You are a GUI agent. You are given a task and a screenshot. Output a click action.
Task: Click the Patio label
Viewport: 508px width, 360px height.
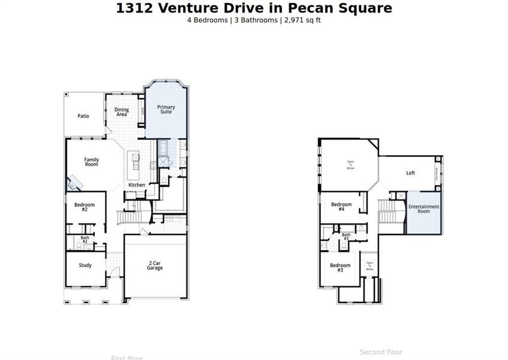83,116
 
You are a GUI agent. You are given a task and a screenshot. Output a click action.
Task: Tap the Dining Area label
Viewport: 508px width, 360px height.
121,112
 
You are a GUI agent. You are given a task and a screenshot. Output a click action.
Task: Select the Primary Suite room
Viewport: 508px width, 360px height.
166,109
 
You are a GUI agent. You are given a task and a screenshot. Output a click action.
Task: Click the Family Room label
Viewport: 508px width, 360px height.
91,161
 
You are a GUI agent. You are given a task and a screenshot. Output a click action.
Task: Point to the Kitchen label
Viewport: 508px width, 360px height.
137,185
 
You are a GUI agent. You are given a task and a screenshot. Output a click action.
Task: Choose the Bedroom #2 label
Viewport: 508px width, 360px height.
85,207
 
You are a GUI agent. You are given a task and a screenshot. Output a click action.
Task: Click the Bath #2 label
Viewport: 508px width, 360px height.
85,239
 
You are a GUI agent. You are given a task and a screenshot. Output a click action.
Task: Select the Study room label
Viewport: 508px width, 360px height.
85,265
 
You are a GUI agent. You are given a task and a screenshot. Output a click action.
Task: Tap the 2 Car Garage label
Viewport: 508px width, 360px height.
155,265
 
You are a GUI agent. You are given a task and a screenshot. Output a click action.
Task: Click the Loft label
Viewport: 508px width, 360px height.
410,173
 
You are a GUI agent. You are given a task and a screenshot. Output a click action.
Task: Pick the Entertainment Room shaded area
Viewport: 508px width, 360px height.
424,210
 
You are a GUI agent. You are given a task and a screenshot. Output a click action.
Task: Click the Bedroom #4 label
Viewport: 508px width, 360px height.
341,206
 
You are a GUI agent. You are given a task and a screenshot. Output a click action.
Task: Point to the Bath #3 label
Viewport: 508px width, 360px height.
346,237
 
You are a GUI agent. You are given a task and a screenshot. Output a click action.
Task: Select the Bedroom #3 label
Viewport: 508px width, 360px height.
340,268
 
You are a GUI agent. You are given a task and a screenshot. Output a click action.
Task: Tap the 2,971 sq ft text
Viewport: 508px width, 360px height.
304,20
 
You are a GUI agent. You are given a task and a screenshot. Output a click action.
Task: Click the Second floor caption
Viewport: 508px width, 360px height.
381,352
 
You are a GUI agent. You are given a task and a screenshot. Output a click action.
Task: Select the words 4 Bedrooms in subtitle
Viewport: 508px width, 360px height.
208,20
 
